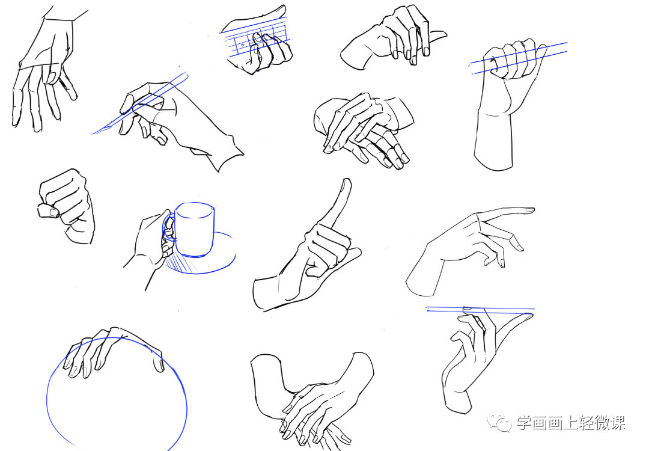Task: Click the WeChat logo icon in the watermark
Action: [x=501, y=423]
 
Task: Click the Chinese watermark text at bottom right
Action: [x=571, y=423]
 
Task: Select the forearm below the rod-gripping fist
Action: [x=493, y=138]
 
